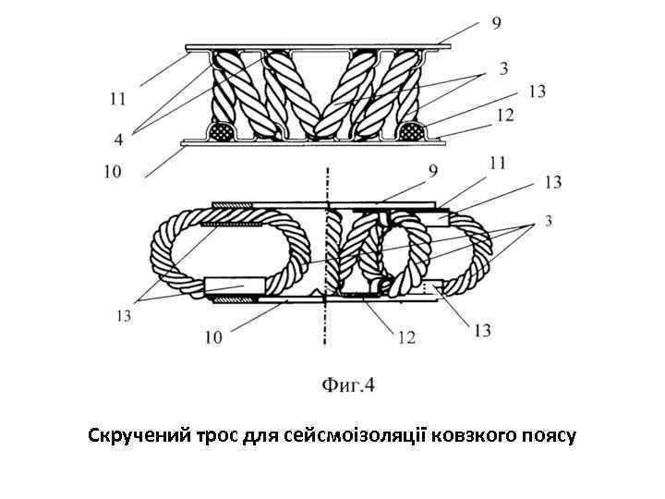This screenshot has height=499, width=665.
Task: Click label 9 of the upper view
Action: coord(497,23)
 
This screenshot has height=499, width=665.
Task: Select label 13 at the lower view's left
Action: coord(123,316)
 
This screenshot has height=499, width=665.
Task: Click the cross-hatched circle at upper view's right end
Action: coord(410,130)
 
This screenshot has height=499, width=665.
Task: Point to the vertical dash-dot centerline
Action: coord(327,259)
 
